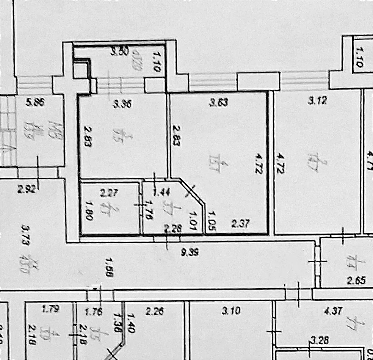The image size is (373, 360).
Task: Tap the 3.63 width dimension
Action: point(219,102)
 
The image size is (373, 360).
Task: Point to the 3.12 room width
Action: point(317,101)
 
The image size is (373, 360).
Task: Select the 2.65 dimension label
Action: point(355,281)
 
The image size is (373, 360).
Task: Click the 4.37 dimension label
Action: point(333,311)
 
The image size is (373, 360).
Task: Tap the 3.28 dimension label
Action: point(319,341)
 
